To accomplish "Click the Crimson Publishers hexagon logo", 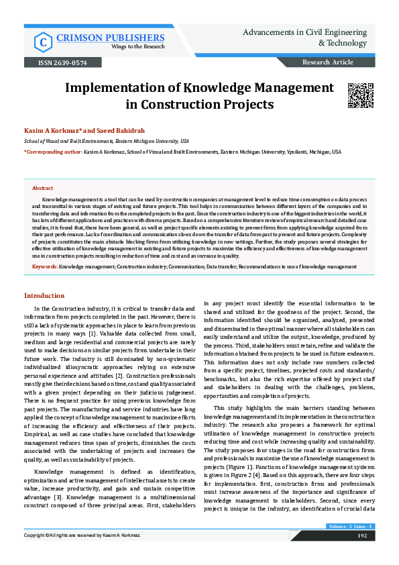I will click(x=44, y=42).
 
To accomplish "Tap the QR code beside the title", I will click(x=359, y=95).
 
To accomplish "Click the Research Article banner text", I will click(x=328, y=62).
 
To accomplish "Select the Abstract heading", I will click(x=43, y=189).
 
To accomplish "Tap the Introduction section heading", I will click(x=44, y=296).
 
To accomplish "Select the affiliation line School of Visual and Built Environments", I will click(x=106, y=142).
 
